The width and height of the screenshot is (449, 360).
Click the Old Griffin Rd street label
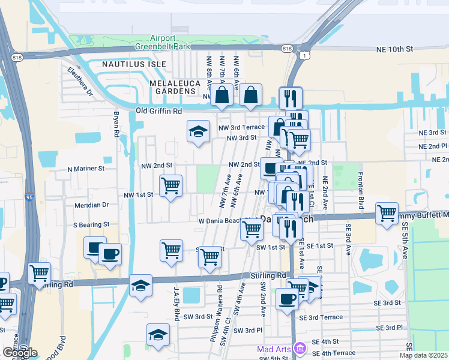158,111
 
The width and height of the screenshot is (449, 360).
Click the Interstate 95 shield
29,196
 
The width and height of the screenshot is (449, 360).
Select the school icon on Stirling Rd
140,285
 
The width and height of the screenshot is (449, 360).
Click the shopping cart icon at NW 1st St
170,186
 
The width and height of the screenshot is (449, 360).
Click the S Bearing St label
91,224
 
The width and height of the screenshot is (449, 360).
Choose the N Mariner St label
86,169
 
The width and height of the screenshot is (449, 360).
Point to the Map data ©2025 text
423,355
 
